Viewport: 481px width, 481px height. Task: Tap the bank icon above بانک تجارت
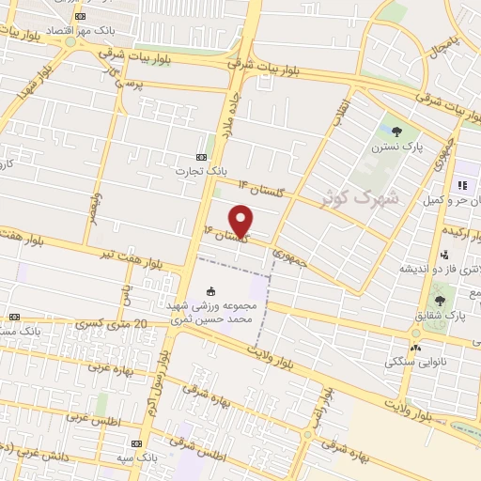click(200, 157)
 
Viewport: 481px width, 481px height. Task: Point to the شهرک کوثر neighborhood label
click(359, 198)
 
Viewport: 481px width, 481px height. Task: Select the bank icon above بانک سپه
click(137, 442)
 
